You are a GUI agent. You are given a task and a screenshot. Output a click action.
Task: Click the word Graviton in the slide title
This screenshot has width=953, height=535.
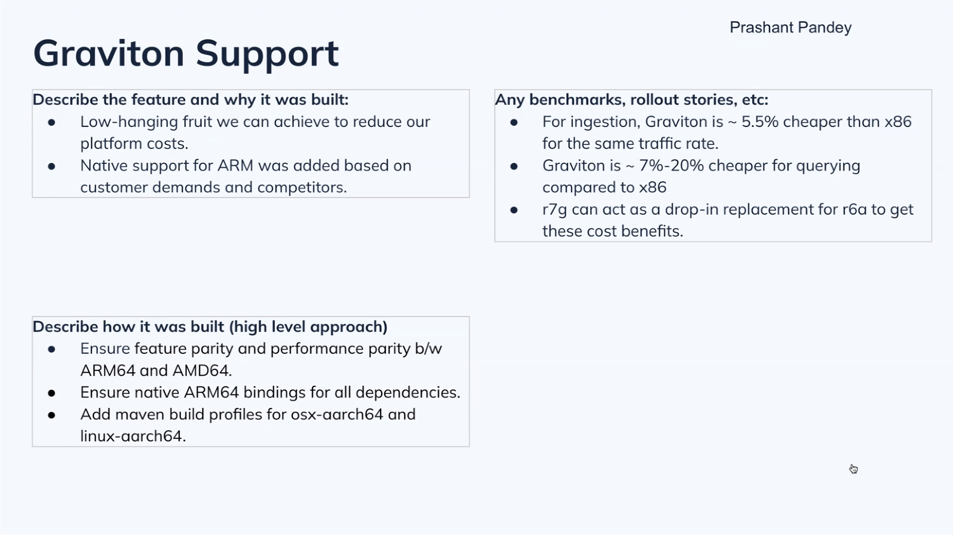[109, 53]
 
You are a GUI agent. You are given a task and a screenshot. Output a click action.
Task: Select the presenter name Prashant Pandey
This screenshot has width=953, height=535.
[790, 27]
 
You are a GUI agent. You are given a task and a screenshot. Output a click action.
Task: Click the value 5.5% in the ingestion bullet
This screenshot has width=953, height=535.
[760, 122]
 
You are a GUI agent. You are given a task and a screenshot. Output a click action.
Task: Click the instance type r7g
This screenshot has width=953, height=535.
[555, 209]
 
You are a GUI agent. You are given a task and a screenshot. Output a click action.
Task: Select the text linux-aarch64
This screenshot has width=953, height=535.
[131, 436]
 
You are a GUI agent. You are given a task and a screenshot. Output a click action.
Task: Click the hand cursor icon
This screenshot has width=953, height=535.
[853, 469]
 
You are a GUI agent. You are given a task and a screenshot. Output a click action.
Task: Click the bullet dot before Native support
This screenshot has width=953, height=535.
[52, 166]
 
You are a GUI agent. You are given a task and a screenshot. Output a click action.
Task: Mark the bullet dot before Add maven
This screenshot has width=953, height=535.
[52, 415]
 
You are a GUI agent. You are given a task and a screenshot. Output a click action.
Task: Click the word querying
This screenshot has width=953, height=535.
[828, 166]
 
